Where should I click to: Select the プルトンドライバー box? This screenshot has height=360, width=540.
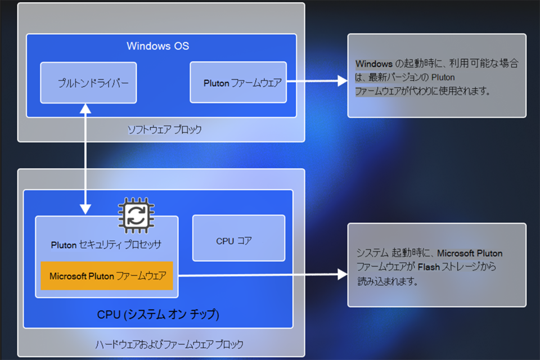88,83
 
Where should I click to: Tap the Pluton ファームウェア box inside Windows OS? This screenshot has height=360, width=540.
238,83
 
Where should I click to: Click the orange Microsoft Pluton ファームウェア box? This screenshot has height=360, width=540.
107,276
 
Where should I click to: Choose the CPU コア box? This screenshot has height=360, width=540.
238,241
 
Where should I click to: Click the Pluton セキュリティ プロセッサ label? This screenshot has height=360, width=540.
106,245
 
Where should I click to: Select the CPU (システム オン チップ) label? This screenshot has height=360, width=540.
157,314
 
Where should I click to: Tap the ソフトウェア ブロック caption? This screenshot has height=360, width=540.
164,130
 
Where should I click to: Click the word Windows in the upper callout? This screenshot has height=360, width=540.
373,64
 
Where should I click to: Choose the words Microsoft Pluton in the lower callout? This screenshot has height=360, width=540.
470,253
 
